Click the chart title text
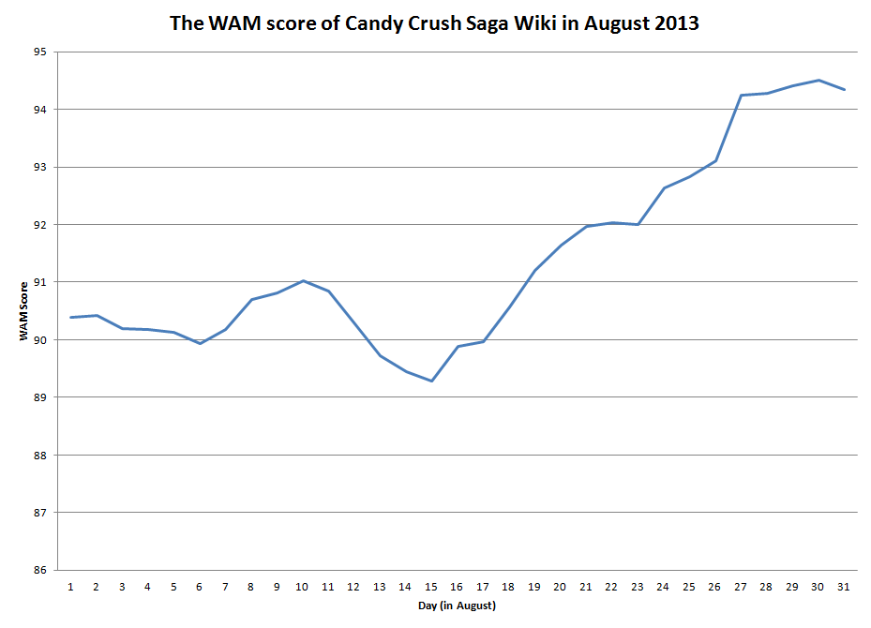[434, 23]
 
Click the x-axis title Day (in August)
[458, 606]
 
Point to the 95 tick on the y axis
[39, 52]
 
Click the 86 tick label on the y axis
[39, 570]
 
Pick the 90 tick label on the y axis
[39, 339]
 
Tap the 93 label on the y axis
[39, 167]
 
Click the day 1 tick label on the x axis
[70, 587]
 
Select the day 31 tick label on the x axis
[843, 587]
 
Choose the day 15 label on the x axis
[431, 587]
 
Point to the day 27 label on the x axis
[740, 587]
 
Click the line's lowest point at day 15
[431, 381]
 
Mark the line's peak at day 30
[818, 80]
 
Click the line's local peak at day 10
[302, 280]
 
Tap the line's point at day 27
[740, 95]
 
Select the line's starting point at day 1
[70, 317]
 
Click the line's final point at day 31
[843, 89]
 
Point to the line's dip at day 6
[199, 343]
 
